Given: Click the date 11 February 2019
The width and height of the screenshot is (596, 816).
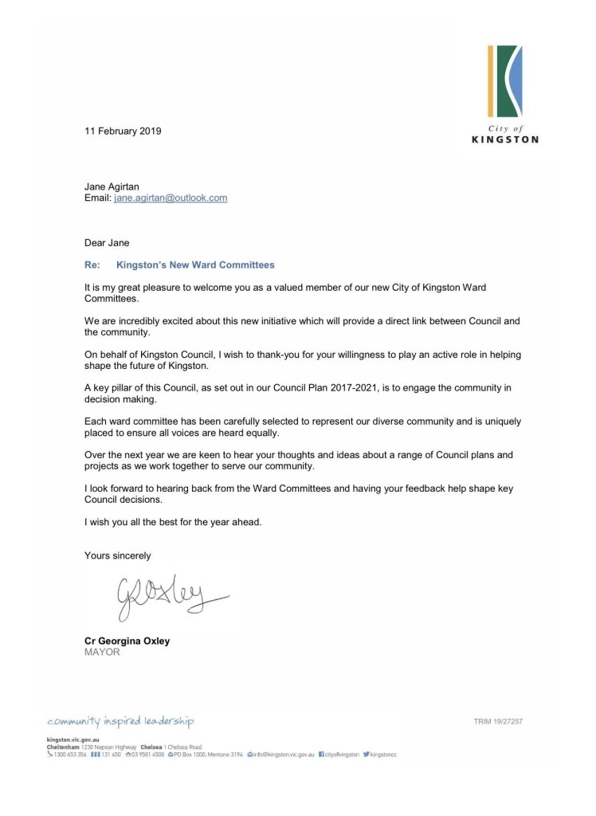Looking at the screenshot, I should [123, 131].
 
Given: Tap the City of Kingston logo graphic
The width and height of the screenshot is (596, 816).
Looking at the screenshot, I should [506, 82].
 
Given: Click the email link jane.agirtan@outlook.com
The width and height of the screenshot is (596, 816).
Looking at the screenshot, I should [170, 198].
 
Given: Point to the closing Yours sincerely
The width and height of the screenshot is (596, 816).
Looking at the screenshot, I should [118, 555].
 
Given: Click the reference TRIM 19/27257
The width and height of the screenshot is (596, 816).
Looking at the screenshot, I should [498, 722].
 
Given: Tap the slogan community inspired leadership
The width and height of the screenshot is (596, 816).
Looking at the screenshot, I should [120, 722].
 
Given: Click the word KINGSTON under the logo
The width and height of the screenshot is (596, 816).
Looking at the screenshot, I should [505, 139].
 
